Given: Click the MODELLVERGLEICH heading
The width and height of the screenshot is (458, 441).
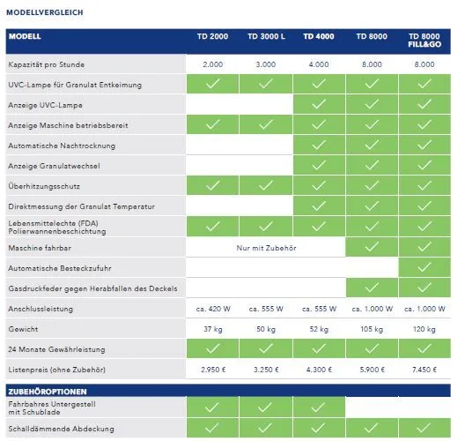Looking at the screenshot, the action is tap(45, 12).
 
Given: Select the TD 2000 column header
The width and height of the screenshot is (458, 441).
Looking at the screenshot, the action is tap(212, 36).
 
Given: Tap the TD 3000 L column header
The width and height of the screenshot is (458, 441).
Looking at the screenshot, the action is tap(266, 36).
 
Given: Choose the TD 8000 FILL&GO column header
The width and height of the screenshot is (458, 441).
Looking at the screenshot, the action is tap(425, 41).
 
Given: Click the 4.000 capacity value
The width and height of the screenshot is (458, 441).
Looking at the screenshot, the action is tap(319, 64).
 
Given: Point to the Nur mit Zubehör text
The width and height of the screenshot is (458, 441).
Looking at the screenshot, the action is tap(266, 248).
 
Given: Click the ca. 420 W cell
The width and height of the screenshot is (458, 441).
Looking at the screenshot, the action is tap(213, 309).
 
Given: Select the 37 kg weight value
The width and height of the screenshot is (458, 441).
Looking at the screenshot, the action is tap(213, 329).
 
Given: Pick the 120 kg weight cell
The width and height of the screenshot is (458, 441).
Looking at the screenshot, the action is tap(425, 329).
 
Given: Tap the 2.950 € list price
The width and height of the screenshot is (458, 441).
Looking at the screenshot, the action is tap(213, 370).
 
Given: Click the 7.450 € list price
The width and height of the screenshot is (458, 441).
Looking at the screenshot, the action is tap(425, 370).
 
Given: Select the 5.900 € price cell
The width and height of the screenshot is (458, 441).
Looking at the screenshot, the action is tap(372, 370).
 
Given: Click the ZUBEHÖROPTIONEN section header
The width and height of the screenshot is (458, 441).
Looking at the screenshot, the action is tap(48, 392).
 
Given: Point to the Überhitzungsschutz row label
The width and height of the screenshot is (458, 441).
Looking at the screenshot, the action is tap(44, 186).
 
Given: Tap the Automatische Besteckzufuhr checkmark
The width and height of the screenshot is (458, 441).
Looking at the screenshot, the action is tap(425, 267).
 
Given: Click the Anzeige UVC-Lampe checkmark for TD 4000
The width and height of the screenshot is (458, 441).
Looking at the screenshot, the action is tap(319, 104).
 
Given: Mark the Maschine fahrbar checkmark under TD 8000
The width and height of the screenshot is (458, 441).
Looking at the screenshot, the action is tap(372, 247).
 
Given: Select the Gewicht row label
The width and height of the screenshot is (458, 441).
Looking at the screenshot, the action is tap(23, 329).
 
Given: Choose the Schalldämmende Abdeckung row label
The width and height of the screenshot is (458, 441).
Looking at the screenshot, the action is tap(61, 429).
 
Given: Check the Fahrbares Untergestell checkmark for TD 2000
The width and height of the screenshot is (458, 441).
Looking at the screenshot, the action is tap(212, 407).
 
